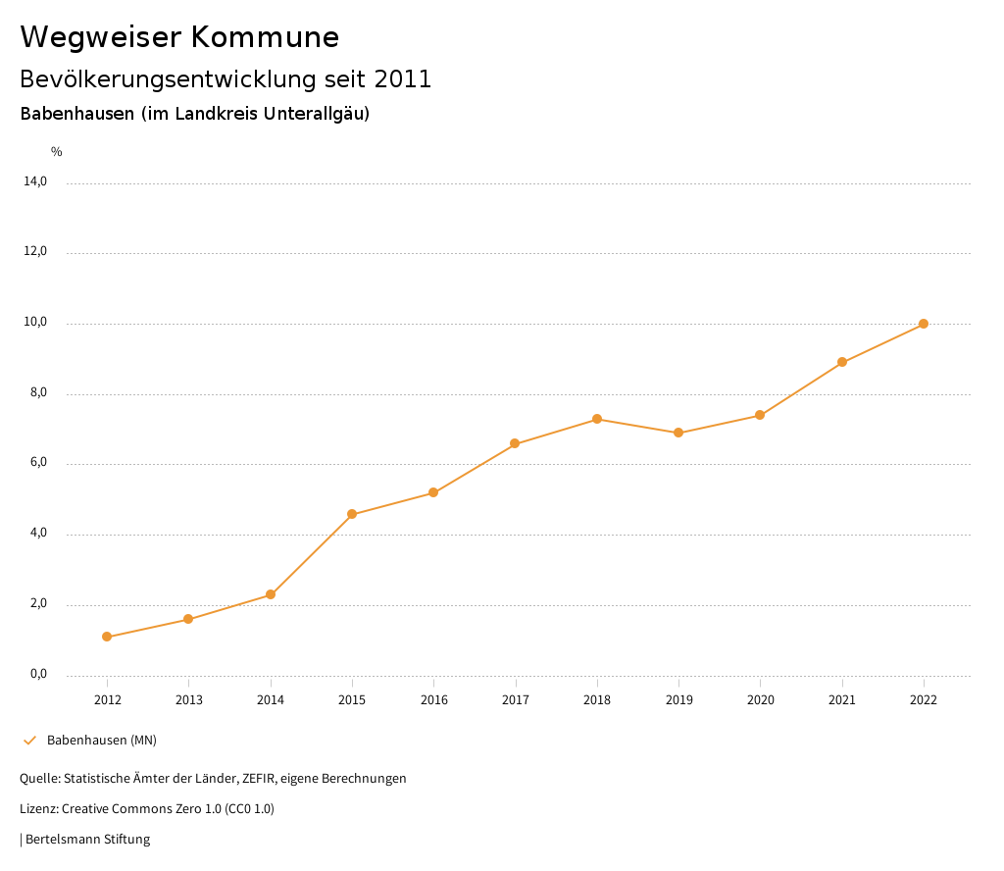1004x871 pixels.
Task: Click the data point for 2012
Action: point(107,637)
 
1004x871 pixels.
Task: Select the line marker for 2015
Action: point(352,514)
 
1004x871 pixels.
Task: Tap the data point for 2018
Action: point(597,419)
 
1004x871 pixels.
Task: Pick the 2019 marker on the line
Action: point(678,433)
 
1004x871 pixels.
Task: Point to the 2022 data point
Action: point(924,324)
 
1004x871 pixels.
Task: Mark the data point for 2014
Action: point(271,594)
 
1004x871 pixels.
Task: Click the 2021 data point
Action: point(842,362)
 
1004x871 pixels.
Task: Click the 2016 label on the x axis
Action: point(434,699)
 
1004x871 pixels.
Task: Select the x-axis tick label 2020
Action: point(761,699)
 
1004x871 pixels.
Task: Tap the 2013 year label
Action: point(189,699)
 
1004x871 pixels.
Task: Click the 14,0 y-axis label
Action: point(35,181)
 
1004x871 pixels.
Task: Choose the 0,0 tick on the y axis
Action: point(38,674)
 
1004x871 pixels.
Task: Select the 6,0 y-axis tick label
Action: point(38,463)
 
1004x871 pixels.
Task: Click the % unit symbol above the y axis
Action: point(57,152)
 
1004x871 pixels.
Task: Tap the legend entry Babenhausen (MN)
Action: point(101,740)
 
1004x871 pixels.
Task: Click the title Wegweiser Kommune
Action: point(179,36)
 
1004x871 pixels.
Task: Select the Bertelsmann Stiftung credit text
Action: point(87,839)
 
